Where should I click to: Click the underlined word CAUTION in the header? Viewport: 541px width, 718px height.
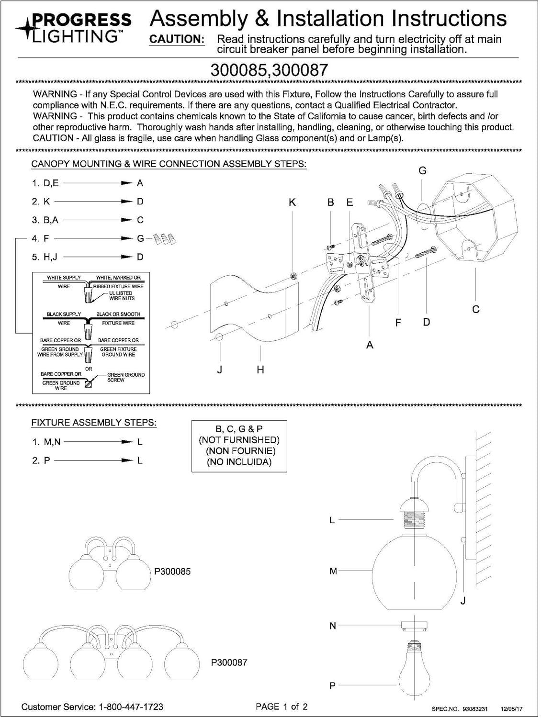click(x=177, y=40)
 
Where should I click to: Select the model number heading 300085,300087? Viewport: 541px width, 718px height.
click(x=269, y=70)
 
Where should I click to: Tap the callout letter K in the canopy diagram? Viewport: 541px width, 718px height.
click(x=292, y=202)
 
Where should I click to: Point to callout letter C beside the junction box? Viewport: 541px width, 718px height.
click(x=476, y=309)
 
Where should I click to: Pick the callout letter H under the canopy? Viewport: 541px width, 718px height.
click(x=260, y=370)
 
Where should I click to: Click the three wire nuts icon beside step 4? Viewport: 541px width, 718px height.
click(x=165, y=239)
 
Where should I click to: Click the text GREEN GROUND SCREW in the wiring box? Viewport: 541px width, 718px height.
click(x=125, y=377)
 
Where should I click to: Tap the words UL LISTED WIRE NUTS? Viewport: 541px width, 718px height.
click(x=122, y=296)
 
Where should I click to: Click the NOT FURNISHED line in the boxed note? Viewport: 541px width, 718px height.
click(x=239, y=440)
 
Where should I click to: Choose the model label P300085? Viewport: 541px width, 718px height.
click(x=172, y=572)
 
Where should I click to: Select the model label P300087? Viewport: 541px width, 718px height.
click(x=229, y=662)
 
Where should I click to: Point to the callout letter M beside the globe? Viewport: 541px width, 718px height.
click(x=333, y=571)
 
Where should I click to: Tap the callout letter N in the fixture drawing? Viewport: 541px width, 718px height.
click(x=333, y=626)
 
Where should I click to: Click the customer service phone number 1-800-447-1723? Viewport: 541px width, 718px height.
click(x=131, y=707)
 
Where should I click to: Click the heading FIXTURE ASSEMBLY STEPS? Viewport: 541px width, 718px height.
click(x=94, y=423)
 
